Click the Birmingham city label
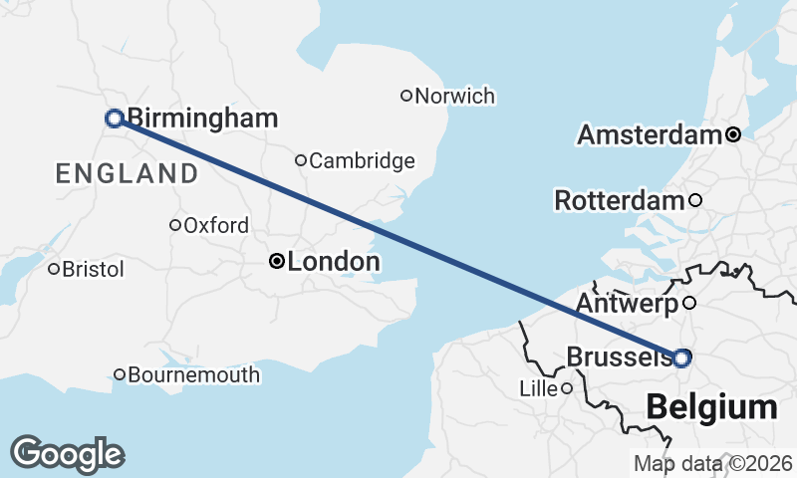(x=202, y=119)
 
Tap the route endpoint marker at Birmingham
(x=115, y=119)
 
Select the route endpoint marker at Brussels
(x=681, y=358)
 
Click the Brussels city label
(x=618, y=357)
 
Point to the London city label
(x=334, y=263)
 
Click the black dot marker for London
(x=278, y=262)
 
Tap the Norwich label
(x=454, y=97)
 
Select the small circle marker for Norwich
(x=405, y=96)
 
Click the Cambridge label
(x=363, y=160)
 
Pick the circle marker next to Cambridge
(x=301, y=159)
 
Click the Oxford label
(x=216, y=226)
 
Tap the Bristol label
(x=93, y=270)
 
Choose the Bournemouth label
(x=194, y=375)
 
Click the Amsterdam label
(x=649, y=134)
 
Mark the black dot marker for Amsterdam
(x=733, y=134)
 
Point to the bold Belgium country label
(x=711, y=407)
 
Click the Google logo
(x=68, y=454)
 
